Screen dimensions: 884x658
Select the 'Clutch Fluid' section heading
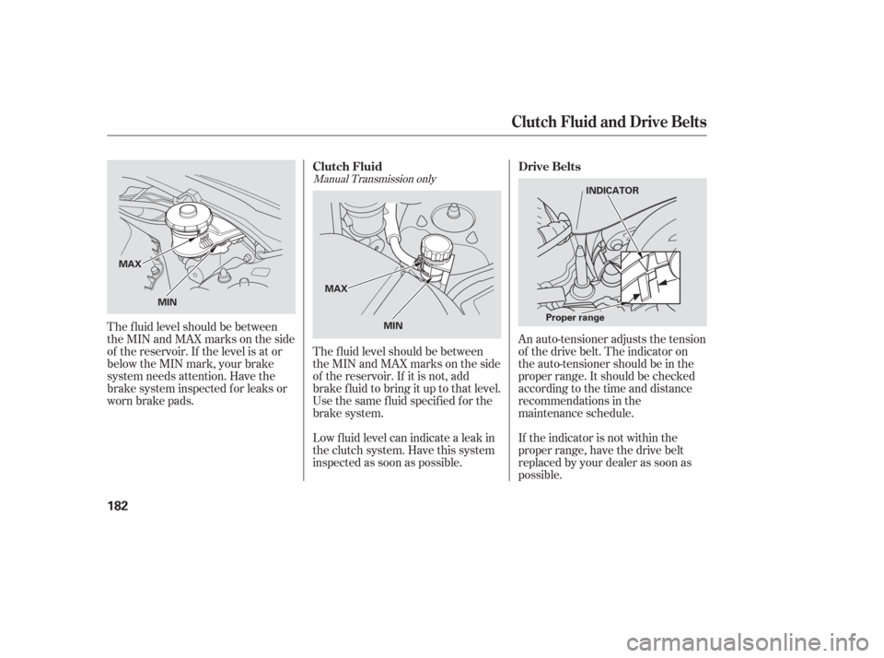point(347,167)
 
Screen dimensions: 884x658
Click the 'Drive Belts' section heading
point(549,167)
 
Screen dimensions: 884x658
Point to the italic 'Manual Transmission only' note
point(375,179)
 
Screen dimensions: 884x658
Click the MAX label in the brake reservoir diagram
point(130,264)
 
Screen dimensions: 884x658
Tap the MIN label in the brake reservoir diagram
point(167,302)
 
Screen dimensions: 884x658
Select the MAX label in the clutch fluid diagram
point(336,289)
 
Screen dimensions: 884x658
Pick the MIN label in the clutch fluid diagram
point(393,325)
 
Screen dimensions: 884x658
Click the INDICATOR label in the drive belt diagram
point(612,191)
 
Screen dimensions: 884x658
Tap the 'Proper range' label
point(575,318)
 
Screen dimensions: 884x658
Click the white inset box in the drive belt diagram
point(650,277)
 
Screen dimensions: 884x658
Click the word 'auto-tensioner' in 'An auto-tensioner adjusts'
point(570,339)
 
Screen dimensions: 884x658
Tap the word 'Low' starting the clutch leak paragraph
point(322,438)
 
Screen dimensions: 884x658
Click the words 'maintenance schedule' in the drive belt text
point(576,413)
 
